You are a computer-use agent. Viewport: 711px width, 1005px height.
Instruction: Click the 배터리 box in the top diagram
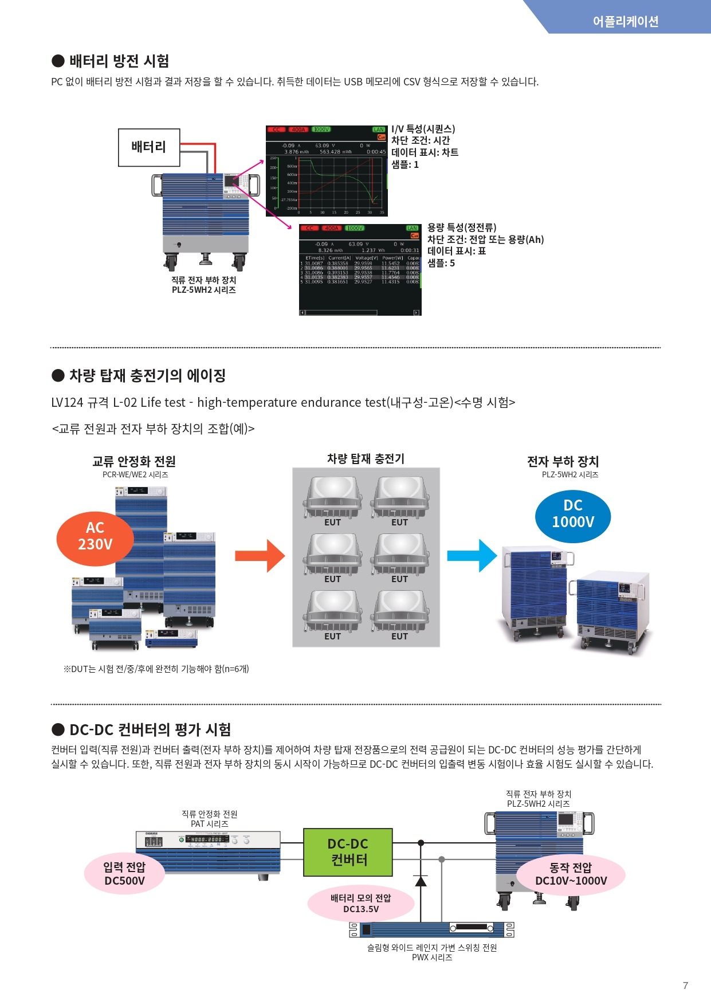click(x=149, y=147)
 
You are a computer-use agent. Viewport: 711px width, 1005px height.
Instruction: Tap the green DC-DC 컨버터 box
click(x=348, y=852)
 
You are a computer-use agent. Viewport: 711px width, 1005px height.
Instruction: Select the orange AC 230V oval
click(x=95, y=536)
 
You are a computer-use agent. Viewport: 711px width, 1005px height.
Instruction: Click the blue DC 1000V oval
click(x=573, y=514)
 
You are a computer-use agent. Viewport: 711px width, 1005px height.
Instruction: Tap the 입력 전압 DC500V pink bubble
click(x=124, y=874)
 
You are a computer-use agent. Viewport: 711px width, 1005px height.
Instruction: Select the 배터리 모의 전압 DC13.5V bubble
click(x=361, y=904)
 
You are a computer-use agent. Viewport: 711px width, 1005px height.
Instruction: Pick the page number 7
click(x=685, y=986)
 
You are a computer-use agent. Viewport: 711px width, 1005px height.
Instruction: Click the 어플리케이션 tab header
click(x=625, y=21)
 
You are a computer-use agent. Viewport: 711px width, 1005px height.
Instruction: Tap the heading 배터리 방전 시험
click(x=119, y=61)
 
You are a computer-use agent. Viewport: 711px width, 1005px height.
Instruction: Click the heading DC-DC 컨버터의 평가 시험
click(x=150, y=729)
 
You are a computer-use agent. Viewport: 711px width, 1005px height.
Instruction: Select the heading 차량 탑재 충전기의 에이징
click(x=147, y=375)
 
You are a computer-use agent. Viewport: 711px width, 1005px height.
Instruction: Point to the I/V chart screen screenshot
click(x=327, y=171)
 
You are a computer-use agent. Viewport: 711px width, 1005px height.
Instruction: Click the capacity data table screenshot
click(x=360, y=269)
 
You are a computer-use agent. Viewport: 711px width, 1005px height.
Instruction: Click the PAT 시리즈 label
click(x=209, y=824)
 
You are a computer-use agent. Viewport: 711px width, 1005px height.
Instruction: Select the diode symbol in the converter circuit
click(x=421, y=881)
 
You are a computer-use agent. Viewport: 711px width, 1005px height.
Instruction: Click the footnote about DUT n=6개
click(x=156, y=669)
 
